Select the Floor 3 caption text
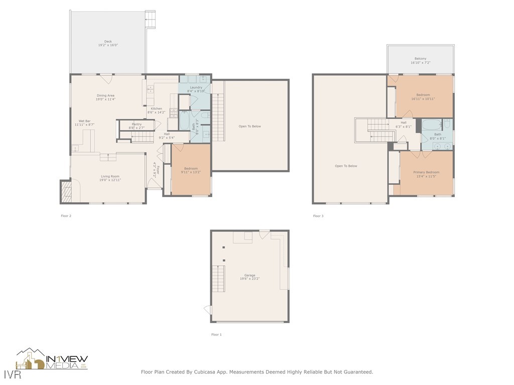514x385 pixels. (318, 216)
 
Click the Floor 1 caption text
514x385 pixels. (216, 334)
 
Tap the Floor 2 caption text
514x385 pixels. (66, 216)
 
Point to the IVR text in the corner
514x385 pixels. (9, 374)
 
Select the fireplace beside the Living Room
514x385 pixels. (66, 191)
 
